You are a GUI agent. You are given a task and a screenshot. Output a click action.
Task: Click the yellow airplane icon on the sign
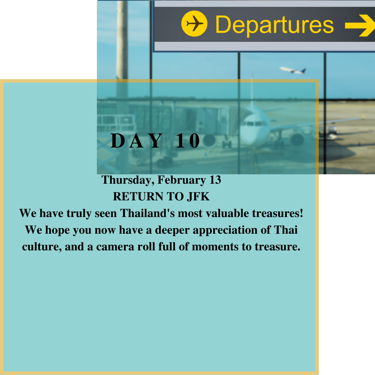coord(194,24)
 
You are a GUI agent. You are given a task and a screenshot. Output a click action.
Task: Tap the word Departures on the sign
coord(275,25)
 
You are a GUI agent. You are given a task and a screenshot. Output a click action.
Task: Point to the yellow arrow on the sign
coord(360,25)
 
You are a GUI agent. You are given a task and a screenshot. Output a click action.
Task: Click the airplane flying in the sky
coord(293,70)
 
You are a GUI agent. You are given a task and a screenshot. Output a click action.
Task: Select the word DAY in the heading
coord(137,141)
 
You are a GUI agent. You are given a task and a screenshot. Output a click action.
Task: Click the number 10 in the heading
coord(188,141)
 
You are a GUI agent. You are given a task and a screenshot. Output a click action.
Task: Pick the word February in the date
coord(182,180)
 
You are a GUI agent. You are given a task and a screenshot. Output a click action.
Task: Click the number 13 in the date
coord(215,180)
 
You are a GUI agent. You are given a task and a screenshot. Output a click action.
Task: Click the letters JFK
coord(198,197)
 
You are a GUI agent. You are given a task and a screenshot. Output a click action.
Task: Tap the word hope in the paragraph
coord(57,230)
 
